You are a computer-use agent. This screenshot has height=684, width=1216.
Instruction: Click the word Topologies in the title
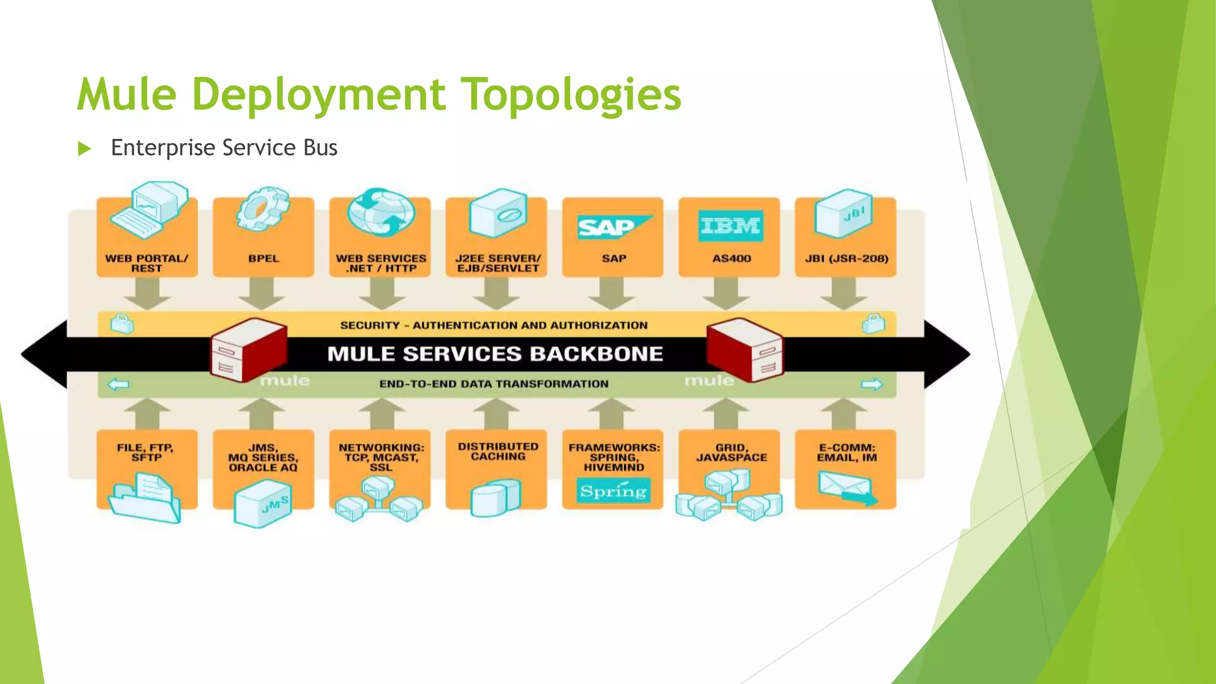pos(571,95)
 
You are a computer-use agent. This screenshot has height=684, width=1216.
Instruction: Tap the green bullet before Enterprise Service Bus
pos(84,148)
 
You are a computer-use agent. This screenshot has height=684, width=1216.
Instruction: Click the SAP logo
pos(613,227)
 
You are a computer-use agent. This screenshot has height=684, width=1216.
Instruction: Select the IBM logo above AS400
pos(730,226)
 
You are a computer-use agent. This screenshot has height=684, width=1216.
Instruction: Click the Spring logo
pos(613,491)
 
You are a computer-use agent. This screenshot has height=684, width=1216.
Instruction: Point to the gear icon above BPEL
pos(262,210)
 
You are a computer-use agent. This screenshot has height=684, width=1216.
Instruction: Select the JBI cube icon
pos(844,213)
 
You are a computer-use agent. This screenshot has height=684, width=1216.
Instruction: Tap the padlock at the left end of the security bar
pos(122,324)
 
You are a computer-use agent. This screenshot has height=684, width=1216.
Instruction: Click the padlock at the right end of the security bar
pos(873,324)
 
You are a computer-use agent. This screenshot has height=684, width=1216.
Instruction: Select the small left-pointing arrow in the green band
pos(118,385)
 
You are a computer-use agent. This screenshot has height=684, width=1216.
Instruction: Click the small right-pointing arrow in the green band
pos(872,385)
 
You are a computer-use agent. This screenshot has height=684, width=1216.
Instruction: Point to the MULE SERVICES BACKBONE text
pos(495,354)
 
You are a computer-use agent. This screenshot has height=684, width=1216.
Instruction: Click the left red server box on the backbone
pos(248,350)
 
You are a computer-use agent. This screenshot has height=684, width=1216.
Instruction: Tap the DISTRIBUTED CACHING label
pos(498,452)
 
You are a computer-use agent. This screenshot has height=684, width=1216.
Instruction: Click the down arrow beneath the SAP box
pos(612,293)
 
